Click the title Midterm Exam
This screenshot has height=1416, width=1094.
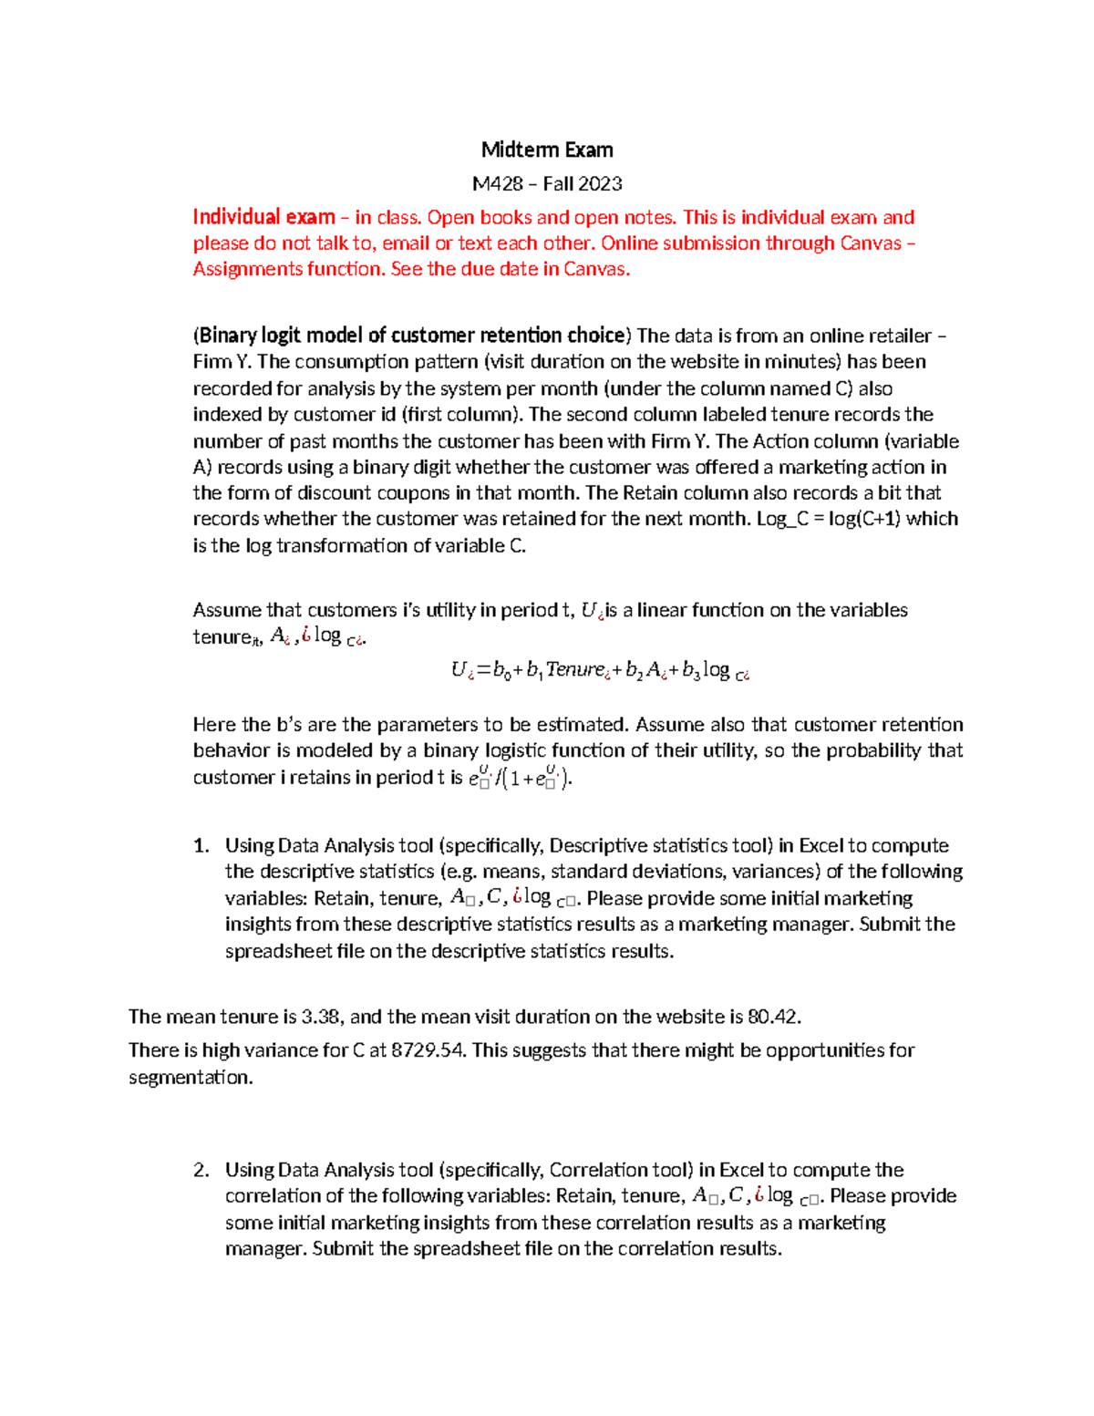(x=547, y=150)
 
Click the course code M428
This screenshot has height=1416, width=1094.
(x=497, y=184)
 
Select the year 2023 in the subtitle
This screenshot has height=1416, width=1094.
(x=600, y=184)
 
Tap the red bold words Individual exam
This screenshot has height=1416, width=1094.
(x=263, y=217)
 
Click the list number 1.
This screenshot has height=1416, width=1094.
(x=201, y=846)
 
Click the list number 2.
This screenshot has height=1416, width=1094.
(x=201, y=1170)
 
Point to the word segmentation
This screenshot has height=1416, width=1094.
(x=190, y=1078)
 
